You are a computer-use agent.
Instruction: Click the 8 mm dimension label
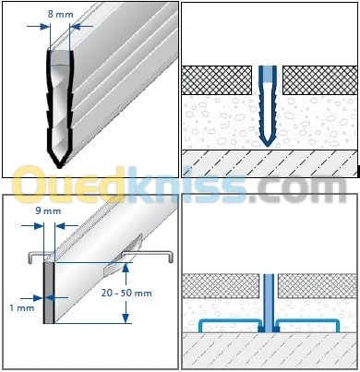(x=60, y=14)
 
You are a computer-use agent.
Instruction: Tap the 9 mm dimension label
(x=48, y=211)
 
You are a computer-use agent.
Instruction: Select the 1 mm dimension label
(x=22, y=307)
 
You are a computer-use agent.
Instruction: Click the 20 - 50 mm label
(x=126, y=293)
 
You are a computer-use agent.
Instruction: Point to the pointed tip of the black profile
(x=59, y=167)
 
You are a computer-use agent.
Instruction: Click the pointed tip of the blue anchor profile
(x=268, y=145)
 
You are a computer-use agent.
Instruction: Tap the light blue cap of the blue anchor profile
(x=268, y=73)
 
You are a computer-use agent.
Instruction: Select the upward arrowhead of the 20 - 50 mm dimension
(x=125, y=269)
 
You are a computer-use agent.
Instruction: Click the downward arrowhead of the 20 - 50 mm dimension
(x=126, y=318)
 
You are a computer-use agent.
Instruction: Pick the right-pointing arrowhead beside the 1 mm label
(x=38, y=298)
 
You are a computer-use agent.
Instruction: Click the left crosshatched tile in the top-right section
(x=217, y=80)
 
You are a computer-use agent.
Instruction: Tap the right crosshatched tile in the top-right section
(x=319, y=80)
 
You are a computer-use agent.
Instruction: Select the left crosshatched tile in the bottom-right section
(x=221, y=286)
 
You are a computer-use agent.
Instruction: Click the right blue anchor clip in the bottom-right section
(x=308, y=320)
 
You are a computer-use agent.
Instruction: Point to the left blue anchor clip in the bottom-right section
(x=229, y=320)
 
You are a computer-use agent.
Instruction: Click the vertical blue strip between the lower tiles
(x=269, y=303)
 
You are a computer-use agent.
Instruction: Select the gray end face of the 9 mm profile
(x=49, y=293)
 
